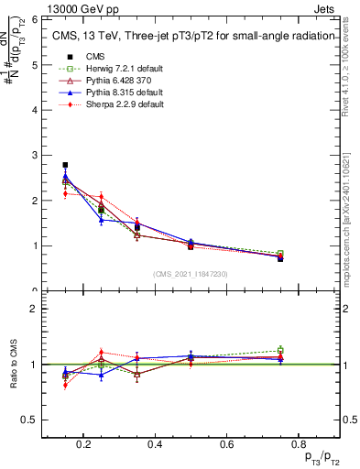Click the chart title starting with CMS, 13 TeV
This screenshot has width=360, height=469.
[x=188, y=37]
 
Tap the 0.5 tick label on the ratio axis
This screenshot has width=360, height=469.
[x=28, y=420]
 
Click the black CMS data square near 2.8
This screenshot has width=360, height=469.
[x=65, y=165]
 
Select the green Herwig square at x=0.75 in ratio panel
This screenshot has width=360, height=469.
[x=280, y=350]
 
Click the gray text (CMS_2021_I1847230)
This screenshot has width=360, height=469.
[x=191, y=274]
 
